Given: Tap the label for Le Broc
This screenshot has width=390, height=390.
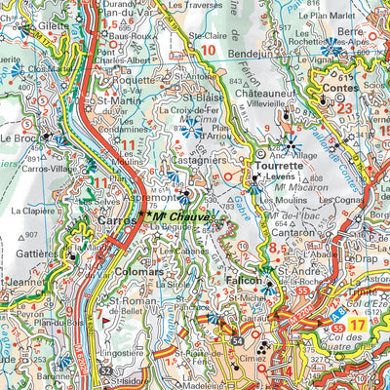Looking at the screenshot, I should pos(20,138).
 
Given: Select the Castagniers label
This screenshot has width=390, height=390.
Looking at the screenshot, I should pos(202,155).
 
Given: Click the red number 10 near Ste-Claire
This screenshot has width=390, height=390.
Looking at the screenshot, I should pos(207,50).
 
